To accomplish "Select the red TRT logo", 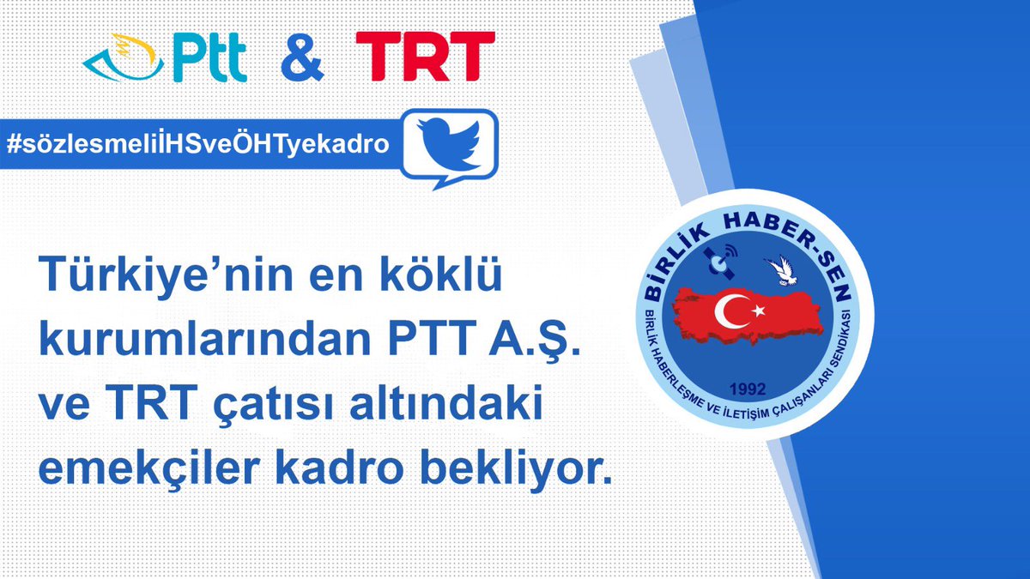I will click(426, 56).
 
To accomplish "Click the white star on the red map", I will click(758, 308).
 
